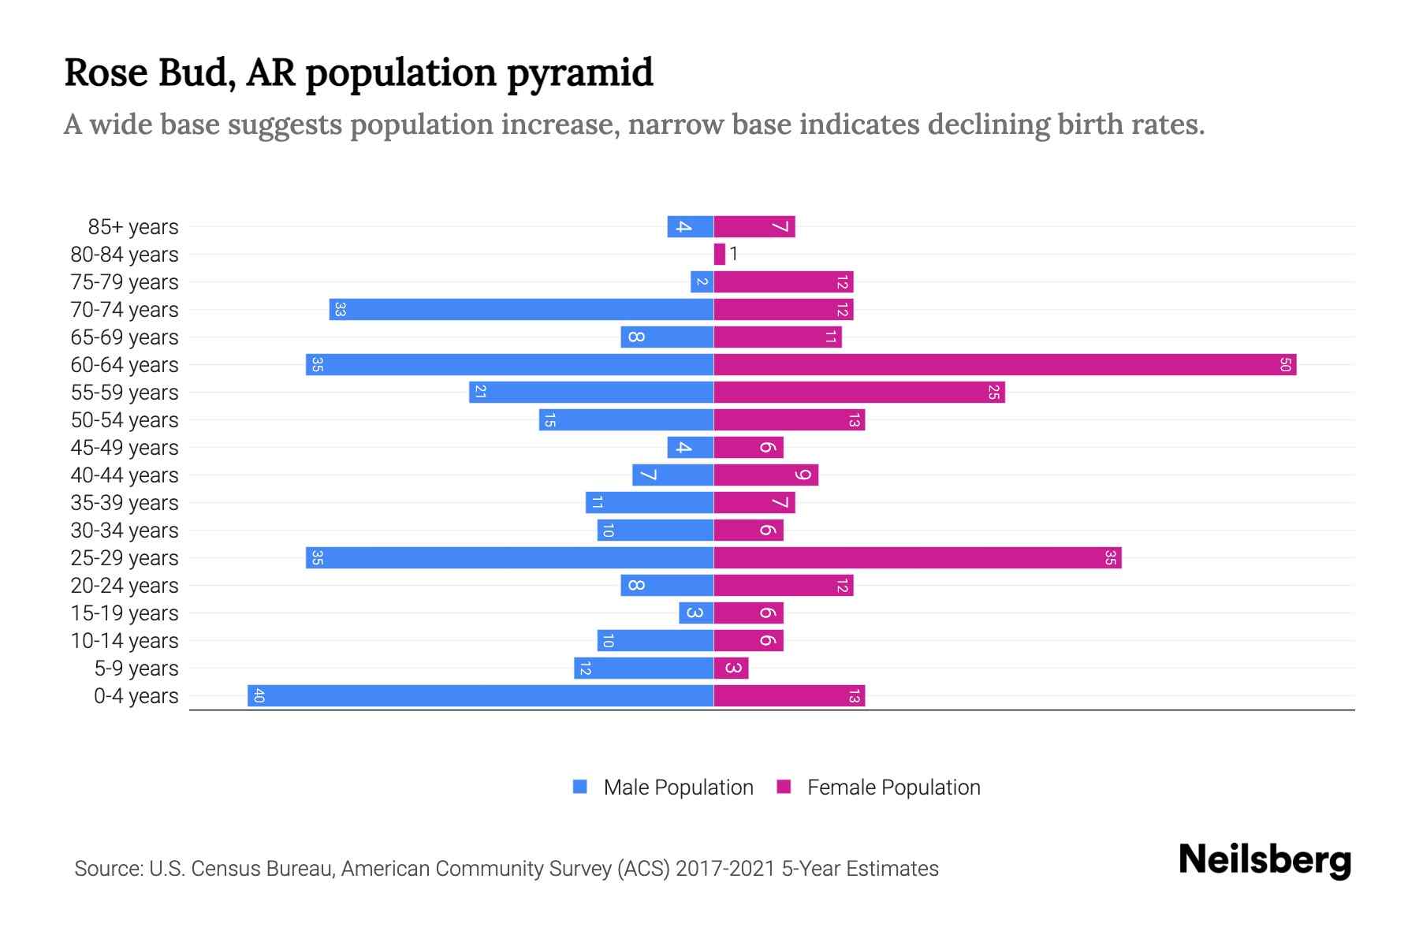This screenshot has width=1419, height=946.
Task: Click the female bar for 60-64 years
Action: [1004, 365]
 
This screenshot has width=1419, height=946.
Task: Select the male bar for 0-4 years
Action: [480, 696]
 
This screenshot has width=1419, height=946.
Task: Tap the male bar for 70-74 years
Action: [521, 310]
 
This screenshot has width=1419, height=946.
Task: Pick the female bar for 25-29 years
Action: [917, 558]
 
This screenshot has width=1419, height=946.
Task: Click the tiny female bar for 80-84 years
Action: [719, 255]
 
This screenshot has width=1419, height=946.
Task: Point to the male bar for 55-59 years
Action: [591, 393]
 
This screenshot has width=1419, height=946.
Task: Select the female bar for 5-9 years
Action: [731, 669]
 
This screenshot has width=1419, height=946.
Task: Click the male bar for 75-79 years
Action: [702, 282]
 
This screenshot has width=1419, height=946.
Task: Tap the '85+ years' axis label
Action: [133, 227]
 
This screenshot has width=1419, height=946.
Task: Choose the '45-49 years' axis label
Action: [125, 448]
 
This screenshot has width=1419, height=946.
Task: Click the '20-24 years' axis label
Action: [125, 586]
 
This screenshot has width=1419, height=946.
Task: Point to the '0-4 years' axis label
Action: [136, 696]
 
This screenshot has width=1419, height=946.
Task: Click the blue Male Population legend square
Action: [580, 787]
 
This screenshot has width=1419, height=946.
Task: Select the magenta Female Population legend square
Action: [784, 787]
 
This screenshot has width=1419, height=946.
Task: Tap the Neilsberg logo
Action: [1264, 860]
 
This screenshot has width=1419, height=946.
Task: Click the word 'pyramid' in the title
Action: [579, 73]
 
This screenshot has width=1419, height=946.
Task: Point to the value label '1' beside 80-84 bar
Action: [734, 254]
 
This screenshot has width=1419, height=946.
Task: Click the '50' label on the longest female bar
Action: [1285, 365]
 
